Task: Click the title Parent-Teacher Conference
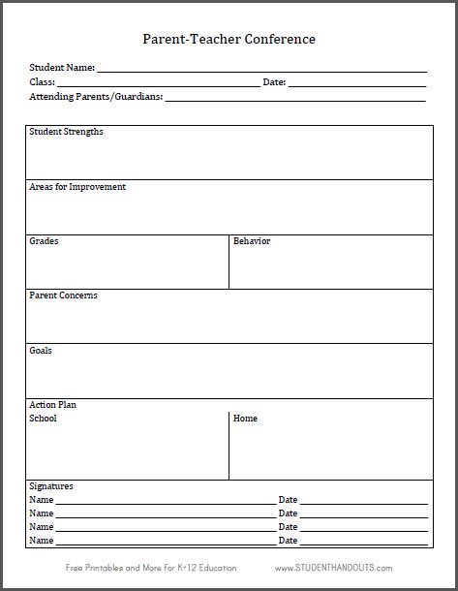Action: (x=229, y=40)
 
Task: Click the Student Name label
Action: (x=62, y=68)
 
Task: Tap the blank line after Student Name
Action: (x=261, y=70)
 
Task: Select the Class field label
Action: (x=43, y=82)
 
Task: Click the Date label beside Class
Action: (x=274, y=82)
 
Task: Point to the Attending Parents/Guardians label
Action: (x=96, y=97)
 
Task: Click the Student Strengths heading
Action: (x=66, y=132)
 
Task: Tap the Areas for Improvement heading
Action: (x=77, y=187)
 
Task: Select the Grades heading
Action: (x=44, y=241)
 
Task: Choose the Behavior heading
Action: (x=252, y=241)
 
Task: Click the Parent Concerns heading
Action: (x=63, y=295)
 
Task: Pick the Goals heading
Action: (x=41, y=351)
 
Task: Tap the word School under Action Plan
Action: (x=44, y=419)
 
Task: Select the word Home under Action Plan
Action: (x=245, y=419)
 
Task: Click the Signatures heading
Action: (x=51, y=486)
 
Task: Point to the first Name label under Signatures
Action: (x=41, y=500)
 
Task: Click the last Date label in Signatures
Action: (x=288, y=541)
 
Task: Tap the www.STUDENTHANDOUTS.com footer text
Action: (x=333, y=568)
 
